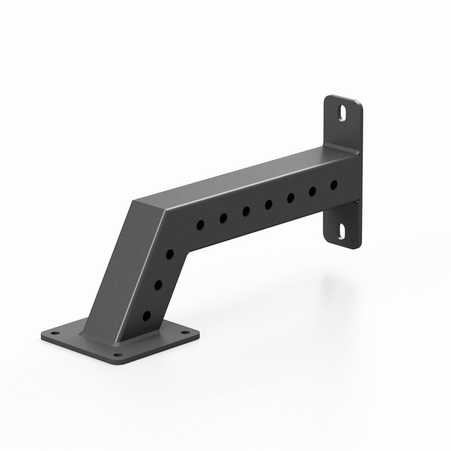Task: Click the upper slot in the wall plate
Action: (x=342, y=112)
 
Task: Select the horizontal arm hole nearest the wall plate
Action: (x=334, y=185)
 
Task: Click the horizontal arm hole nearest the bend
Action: (x=200, y=224)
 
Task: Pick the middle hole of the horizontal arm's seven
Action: (x=269, y=204)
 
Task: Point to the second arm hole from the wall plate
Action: (x=313, y=191)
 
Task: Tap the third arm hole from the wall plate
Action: (x=291, y=198)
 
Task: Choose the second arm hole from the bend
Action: (x=223, y=218)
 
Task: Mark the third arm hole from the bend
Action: (x=246, y=211)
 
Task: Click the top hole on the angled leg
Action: (x=170, y=254)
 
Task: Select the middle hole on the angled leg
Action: (x=158, y=284)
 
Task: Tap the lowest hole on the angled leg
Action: (x=147, y=315)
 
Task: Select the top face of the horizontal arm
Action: (x=241, y=174)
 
